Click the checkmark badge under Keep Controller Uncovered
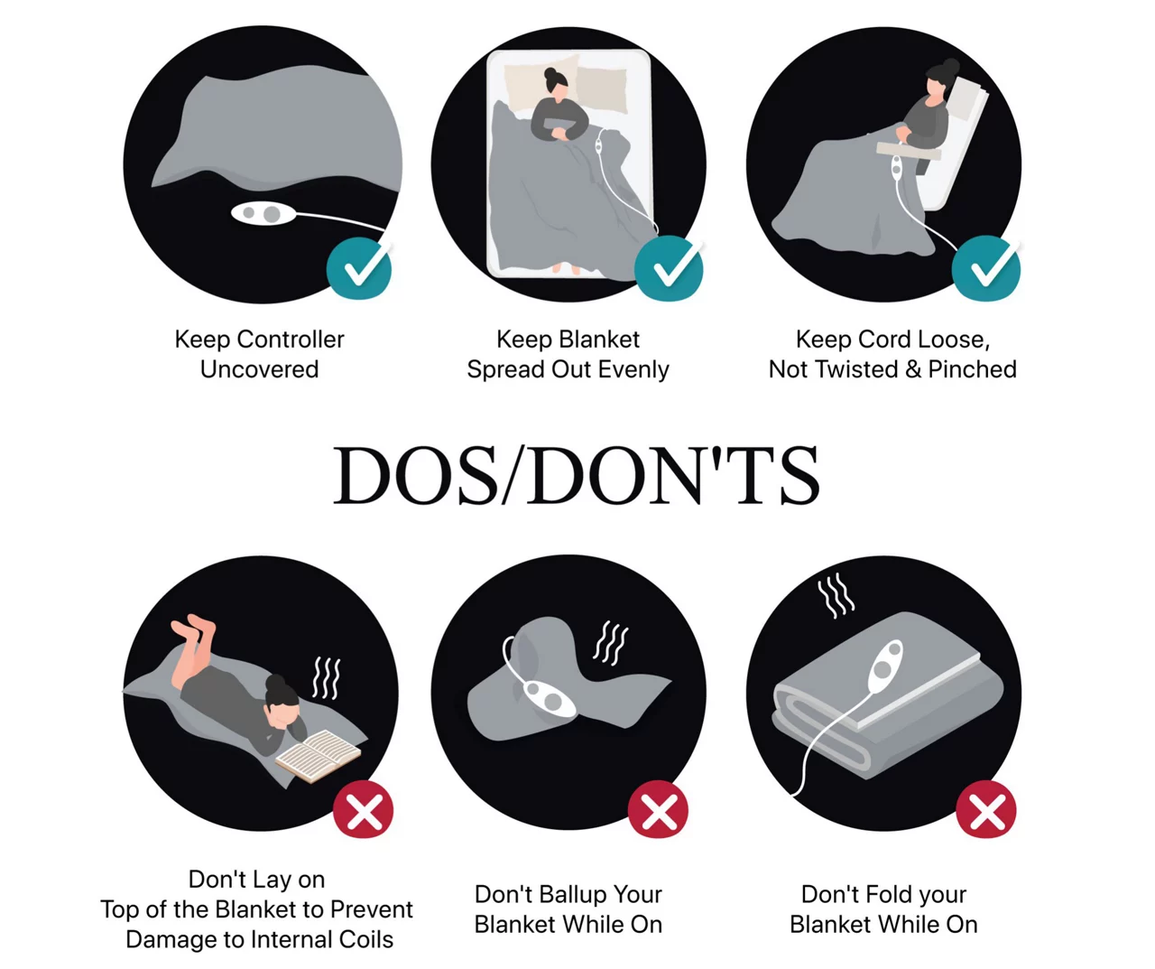359,269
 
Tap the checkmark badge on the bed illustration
669,269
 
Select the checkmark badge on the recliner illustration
986,269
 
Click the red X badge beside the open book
363,809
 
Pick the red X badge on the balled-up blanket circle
659,809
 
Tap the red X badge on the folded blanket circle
986,809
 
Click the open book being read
318,757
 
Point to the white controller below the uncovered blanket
263,213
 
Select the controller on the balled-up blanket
545,698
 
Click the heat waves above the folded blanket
836,595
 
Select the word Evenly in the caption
634,369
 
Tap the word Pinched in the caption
973,369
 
